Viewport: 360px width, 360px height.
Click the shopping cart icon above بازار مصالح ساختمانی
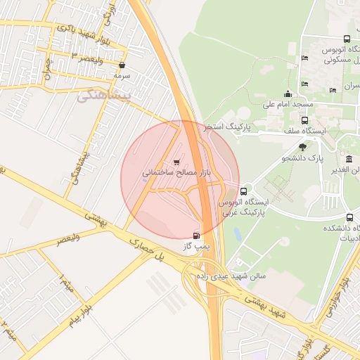pyautogui.click(x=176, y=162)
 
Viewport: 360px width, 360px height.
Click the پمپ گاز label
pyautogui.click(x=195, y=247)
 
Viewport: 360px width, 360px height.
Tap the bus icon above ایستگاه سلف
pyautogui.click(x=304, y=120)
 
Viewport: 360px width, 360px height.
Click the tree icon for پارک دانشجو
pyautogui.click(x=302, y=147)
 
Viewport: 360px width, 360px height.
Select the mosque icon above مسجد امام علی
pyautogui.click(x=287, y=94)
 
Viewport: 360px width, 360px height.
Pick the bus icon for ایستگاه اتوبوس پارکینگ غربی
pyautogui.click(x=243, y=191)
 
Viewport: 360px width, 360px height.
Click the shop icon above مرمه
pyautogui.click(x=122, y=65)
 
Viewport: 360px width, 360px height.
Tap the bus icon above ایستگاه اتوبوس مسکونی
pyautogui.click(x=347, y=39)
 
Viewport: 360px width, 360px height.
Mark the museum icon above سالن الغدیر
pyautogui.click(x=349, y=160)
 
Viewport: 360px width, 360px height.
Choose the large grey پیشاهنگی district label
pyautogui.click(x=106, y=96)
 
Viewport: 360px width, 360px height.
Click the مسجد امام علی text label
pyautogui.click(x=288, y=105)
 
